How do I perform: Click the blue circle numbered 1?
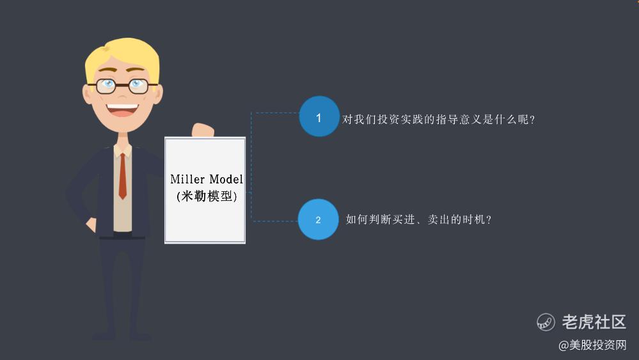click(319, 116)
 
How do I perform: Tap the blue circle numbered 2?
click(319, 219)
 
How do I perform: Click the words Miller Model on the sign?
click(207, 179)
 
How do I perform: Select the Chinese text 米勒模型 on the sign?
click(207, 196)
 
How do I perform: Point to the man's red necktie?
click(122, 176)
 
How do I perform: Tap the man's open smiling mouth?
click(122, 110)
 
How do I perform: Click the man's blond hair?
click(122, 57)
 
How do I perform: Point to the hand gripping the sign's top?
click(203, 130)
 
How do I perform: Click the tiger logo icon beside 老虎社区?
click(546, 322)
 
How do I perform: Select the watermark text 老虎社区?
click(594, 322)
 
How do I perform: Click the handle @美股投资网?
click(592, 345)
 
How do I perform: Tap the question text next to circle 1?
click(439, 120)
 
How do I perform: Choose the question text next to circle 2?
click(418, 219)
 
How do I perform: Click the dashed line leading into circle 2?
click(275, 221)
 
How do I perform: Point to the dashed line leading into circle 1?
click(275, 113)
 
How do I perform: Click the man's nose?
click(123, 95)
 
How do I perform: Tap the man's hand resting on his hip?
click(91, 225)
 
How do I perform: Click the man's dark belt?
click(122, 237)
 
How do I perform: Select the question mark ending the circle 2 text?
click(489, 220)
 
